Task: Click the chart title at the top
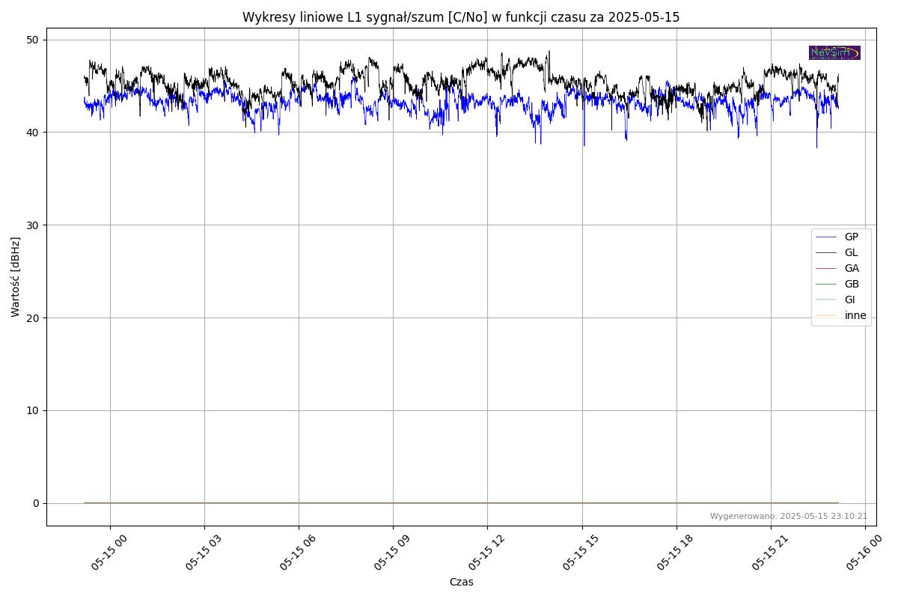coord(460,17)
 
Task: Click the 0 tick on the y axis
coord(35,503)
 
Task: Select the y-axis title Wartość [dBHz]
coord(16,277)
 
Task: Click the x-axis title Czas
coord(461,582)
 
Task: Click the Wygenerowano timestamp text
coord(789,517)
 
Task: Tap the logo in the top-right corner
coord(834,52)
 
